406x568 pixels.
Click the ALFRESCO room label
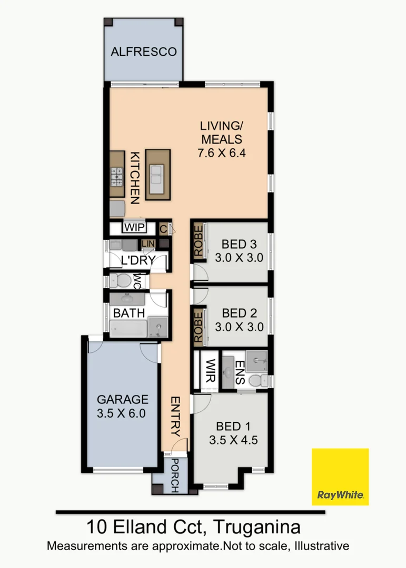(x=144, y=52)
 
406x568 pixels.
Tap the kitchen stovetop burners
(x=117, y=177)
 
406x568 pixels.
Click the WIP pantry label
(x=135, y=228)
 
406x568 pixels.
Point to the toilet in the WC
(x=120, y=281)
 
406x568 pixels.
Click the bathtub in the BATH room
(x=128, y=329)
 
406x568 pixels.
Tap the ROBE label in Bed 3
(x=198, y=240)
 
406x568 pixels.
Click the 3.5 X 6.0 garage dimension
(x=121, y=413)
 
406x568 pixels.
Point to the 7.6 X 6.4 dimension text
(x=222, y=153)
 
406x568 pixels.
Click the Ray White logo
(x=340, y=476)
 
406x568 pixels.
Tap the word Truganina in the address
(x=257, y=527)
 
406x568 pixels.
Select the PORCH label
(x=174, y=475)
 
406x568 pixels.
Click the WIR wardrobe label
(x=211, y=371)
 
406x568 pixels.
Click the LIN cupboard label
(x=148, y=244)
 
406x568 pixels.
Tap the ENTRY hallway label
(x=175, y=416)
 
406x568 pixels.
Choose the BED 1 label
(x=233, y=427)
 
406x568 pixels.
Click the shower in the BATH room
(x=158, y=327)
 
